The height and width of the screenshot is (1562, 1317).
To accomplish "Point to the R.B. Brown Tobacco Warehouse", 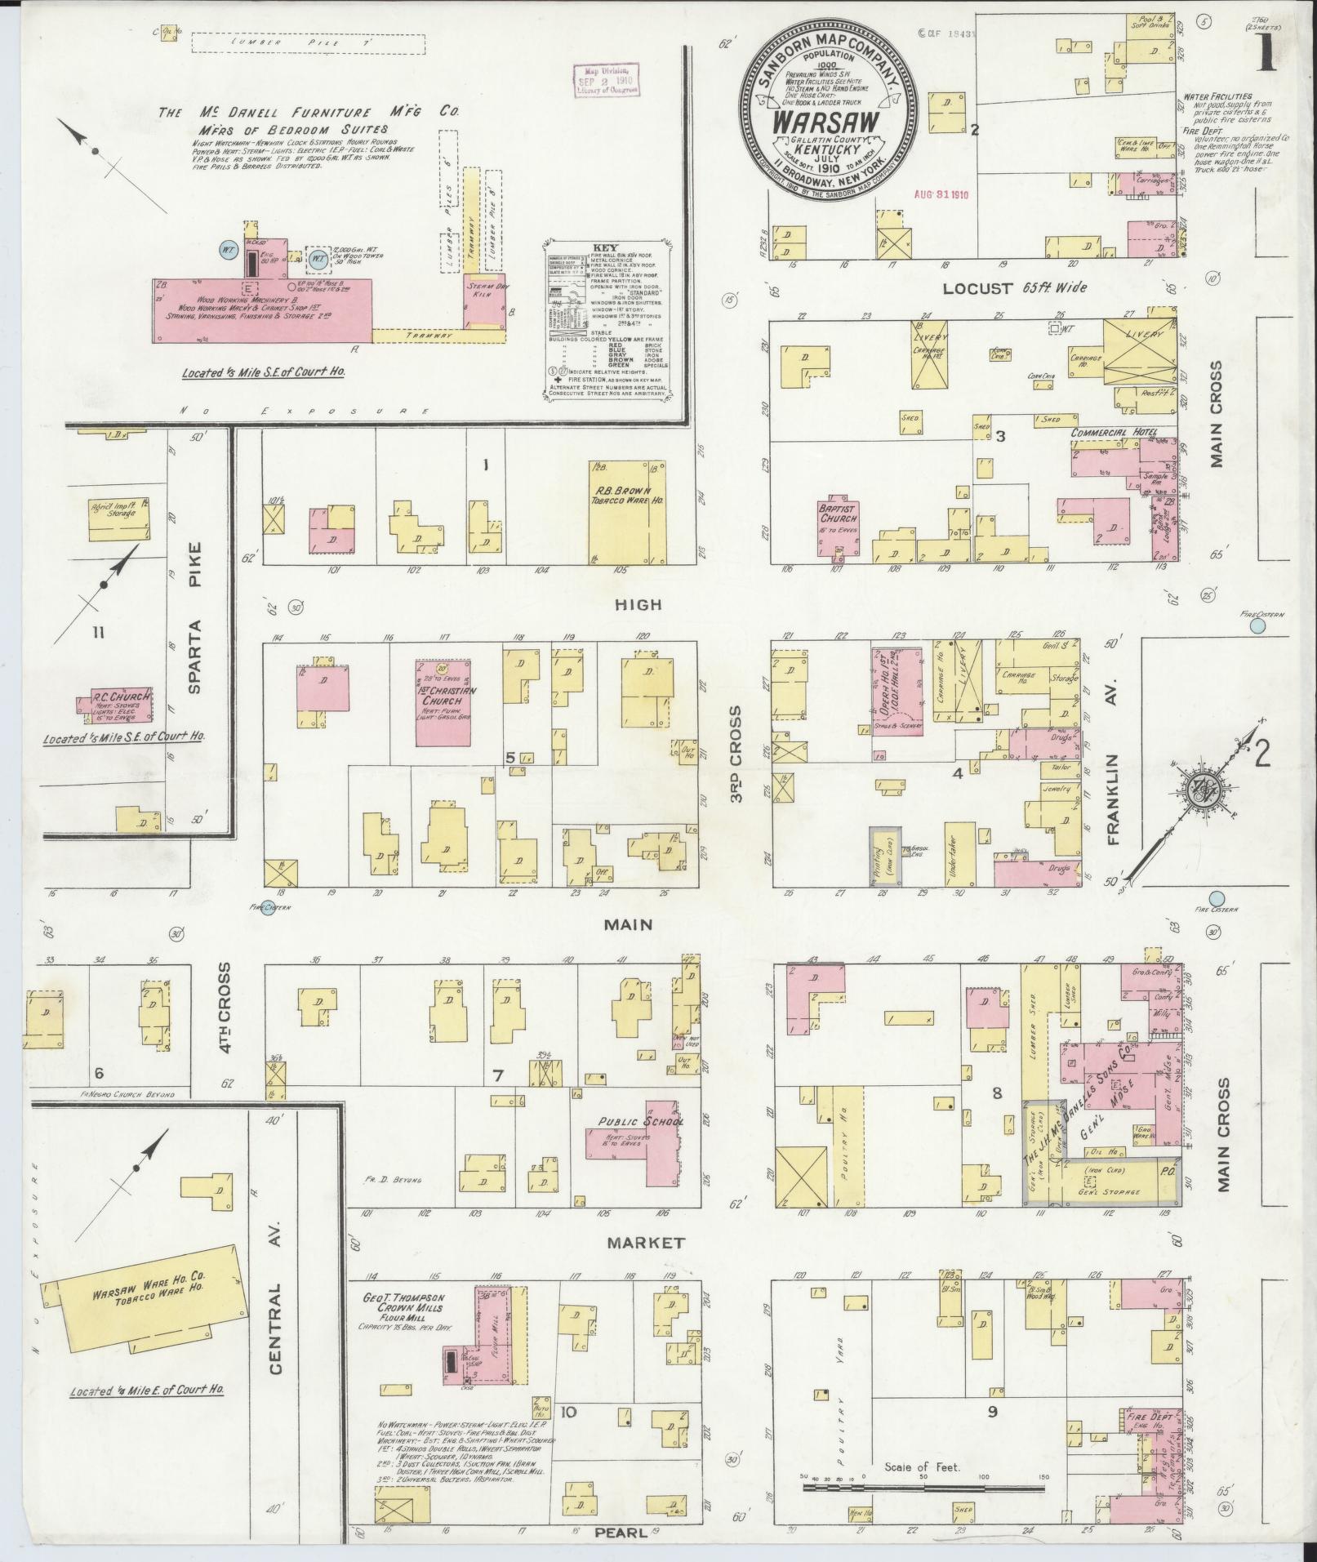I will click(x=627, y=511).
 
